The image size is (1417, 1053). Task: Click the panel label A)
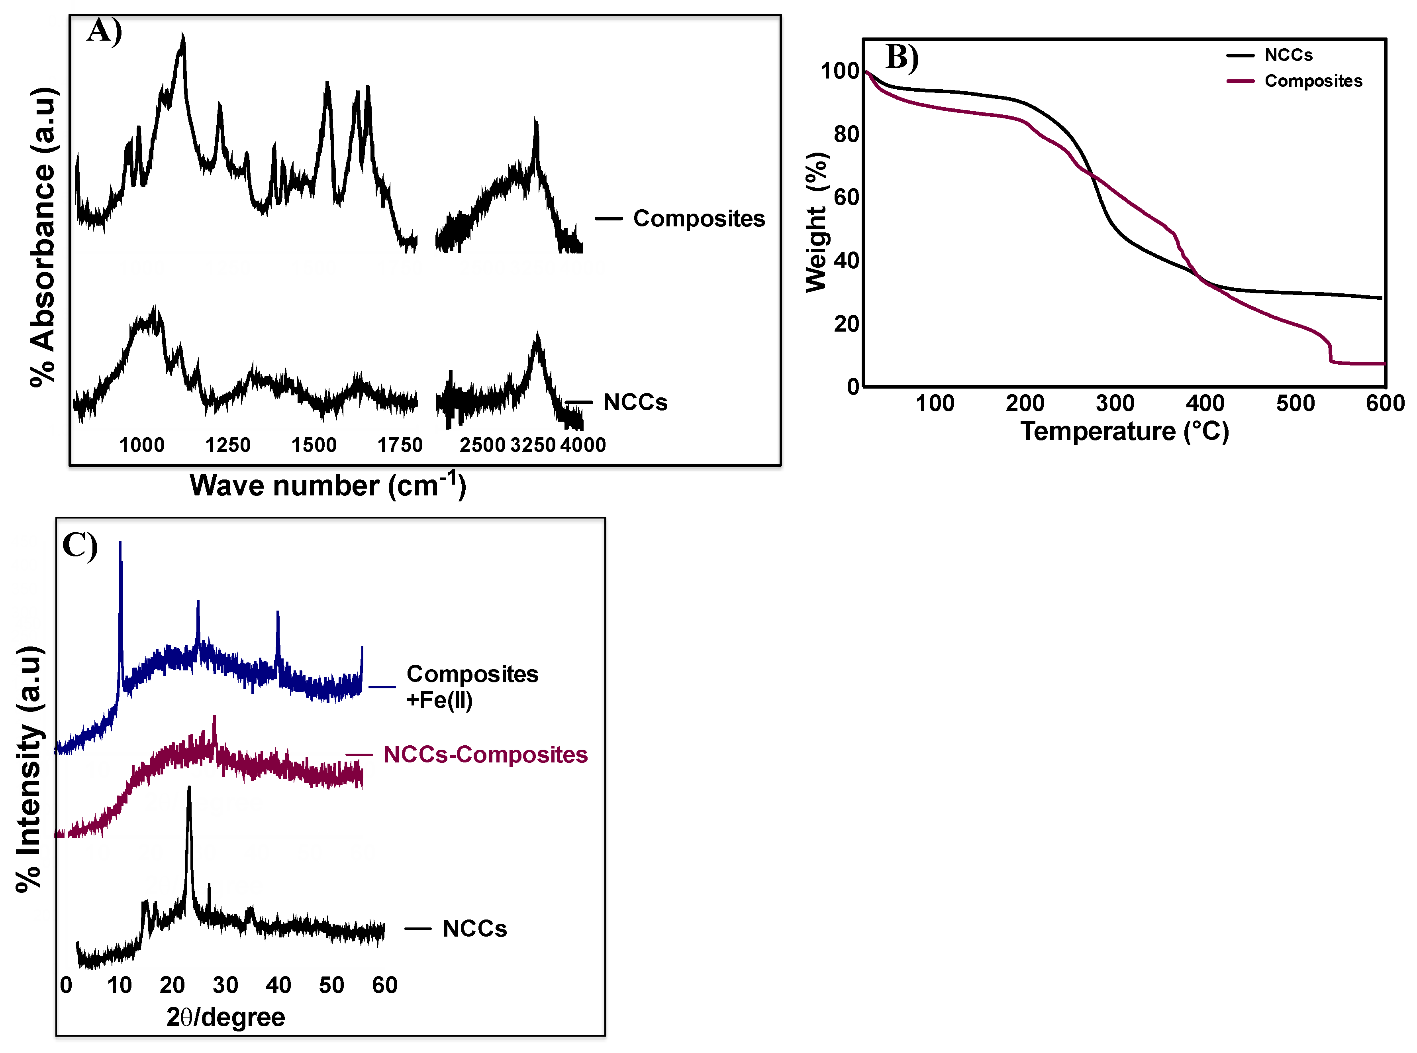pos(104,31)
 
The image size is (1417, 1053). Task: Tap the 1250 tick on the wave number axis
pos(227,445)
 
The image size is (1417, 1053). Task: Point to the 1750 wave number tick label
pos(400,445)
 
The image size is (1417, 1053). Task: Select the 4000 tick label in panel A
pos(582,445)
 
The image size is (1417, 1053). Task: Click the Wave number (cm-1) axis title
pos(327,486)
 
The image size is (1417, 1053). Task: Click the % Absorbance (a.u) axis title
pos(43,237)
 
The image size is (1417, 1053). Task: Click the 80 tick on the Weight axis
pos(846,134)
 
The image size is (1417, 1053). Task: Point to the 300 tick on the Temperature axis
pos(1115,403)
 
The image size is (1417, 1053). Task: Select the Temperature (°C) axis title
pos(1125,432)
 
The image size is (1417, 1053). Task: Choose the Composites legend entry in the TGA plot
pos(1313,81)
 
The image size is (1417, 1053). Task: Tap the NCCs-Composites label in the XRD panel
pos(485,755)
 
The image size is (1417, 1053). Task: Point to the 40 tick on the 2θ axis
pos(278,985)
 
